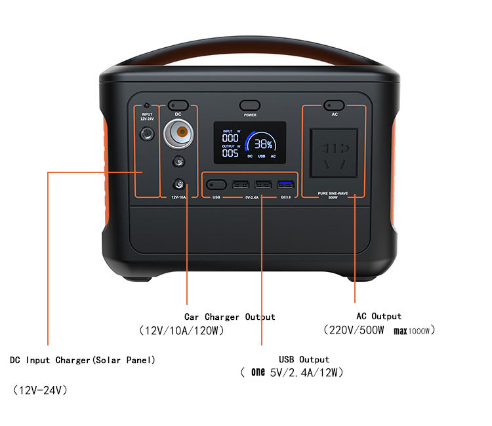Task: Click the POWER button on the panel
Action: coord(249,105)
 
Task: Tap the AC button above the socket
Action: coord(335,105)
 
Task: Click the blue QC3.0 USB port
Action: coord(285,184)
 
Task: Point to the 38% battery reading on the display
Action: coord(263,144)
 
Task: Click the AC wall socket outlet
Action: coord(334,152)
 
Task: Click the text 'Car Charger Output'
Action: coord(230,317)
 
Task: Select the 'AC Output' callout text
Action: coord(379,316)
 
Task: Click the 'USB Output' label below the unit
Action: coord(304,359)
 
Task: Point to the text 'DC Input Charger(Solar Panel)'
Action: coord(83,360)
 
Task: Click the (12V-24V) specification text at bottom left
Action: coord(40,390)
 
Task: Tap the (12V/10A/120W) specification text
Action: coord(182,331)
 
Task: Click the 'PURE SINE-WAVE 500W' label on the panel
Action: coord(334,195)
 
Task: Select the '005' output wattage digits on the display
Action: coord(230,153)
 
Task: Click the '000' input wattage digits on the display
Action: coord(230,138)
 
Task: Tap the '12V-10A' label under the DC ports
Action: coord(178,197)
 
